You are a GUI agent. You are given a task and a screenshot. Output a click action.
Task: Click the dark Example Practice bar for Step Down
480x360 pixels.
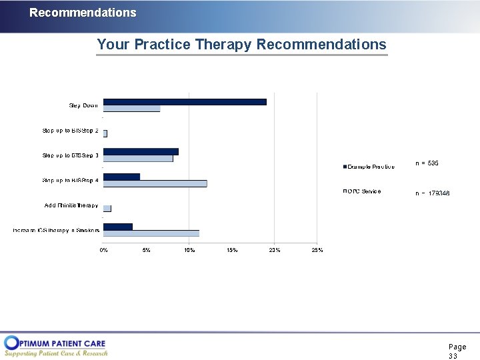point(185,102)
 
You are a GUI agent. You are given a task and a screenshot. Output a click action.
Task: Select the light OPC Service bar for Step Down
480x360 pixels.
point(131,109)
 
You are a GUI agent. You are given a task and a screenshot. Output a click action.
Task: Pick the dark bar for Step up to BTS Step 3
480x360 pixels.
point(141,151)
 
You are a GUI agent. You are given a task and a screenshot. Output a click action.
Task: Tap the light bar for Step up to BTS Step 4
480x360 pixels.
point(155,183)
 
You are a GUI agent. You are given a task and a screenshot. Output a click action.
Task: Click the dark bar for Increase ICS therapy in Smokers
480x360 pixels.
point(118,227)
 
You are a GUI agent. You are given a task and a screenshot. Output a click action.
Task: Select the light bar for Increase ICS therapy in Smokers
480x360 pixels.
point(151,233)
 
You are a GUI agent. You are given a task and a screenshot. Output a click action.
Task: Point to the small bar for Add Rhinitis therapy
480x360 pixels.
point(107,208)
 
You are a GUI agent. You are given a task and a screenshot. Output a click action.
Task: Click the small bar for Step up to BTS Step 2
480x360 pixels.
point(105,133)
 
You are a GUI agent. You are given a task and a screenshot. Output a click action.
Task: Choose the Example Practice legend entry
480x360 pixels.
point(368,167)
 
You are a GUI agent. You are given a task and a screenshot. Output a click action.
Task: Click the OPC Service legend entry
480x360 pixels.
point(362,191)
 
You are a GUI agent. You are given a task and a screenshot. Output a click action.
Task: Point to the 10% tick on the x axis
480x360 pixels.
point(189,250)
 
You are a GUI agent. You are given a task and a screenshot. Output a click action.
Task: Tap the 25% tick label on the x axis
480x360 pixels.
point(317,250)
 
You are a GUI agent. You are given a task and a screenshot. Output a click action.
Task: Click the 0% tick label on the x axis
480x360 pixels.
point(104,250)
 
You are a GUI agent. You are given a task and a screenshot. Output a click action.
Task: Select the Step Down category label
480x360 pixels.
point(83,105)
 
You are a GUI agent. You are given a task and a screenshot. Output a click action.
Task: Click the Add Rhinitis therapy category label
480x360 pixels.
point(71,205)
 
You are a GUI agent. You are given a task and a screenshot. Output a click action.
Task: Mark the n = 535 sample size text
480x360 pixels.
point(427,163)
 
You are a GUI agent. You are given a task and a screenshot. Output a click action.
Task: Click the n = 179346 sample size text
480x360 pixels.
point(432,193)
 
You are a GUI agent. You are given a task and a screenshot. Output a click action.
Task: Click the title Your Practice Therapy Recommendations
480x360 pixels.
point(241,45)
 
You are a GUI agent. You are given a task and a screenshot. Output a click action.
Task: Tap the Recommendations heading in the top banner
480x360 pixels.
point(83,13)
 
